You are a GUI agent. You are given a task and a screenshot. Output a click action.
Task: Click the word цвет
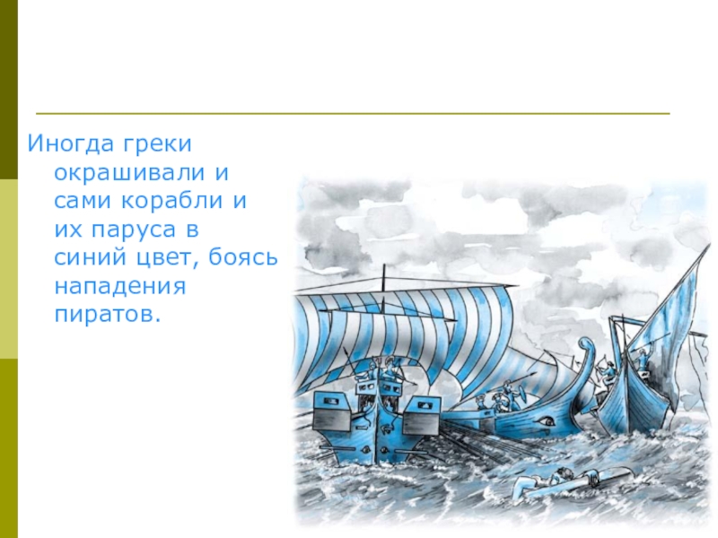[x=170, y=259]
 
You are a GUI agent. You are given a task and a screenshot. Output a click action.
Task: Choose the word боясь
[x=244, y=259]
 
